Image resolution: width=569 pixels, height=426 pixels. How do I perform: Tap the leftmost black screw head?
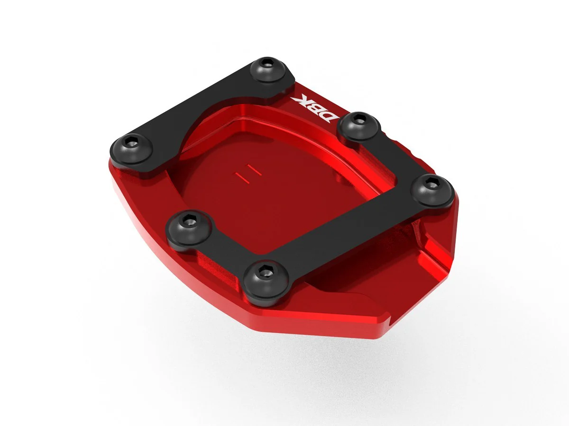tap(131, 149)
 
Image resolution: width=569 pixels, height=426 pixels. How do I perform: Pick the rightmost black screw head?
tap(432, 190)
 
